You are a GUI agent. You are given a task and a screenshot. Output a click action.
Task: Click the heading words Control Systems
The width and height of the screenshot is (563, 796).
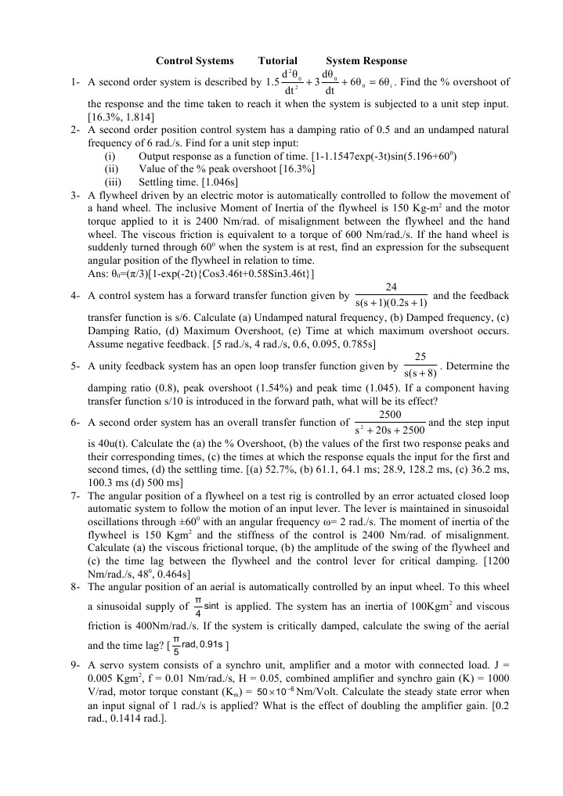pyautogui.click(x=194, y=61)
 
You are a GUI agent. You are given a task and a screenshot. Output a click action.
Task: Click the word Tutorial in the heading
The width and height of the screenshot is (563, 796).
pyautogui.click(x=278, y=61)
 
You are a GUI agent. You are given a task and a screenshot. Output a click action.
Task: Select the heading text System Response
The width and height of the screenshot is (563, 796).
pyautogui.click(x=366, y=61)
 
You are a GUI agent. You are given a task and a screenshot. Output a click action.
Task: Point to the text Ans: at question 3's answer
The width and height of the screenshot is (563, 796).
pyautogui.click(x=99, y=272)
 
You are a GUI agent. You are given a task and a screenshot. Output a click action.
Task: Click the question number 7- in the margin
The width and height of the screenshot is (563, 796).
pyautogui.click(x=75, y=496)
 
